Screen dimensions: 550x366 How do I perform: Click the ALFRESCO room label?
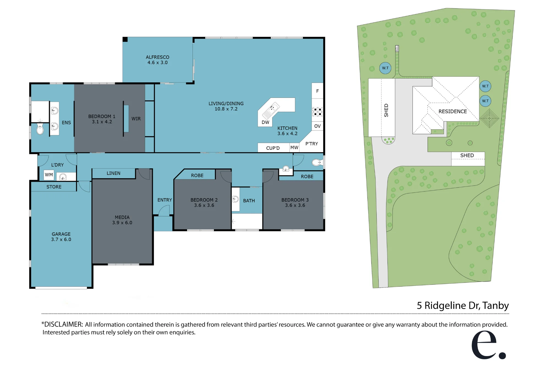click(x=158, y=57)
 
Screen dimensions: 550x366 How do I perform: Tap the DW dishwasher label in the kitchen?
click(x=265, y=122)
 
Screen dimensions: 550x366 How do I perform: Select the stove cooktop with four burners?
click(x=317, y=112)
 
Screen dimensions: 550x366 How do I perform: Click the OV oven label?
click(x=317, y=126)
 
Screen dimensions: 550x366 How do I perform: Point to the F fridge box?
click(x=317, y=91)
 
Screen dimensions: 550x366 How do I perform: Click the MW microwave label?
click(x=294, y=148)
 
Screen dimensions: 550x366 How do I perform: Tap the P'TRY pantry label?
click(x=312, y=144)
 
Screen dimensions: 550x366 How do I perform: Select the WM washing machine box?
click(x=49, y=175)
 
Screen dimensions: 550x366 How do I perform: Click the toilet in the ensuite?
click(x=40, y=129)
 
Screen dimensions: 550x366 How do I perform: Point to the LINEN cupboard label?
click(x=114, y=173)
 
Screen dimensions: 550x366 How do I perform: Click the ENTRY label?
click(x=165, y=200)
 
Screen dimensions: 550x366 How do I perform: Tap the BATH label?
click(x=249, y=201)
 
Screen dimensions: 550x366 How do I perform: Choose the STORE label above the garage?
click(x=54, y=187)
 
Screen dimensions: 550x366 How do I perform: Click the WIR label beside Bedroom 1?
click(x=136, y=119)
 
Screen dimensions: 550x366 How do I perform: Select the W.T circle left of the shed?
click(x=385, y=68)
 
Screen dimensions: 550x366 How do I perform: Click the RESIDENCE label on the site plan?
click(x=453, y=111)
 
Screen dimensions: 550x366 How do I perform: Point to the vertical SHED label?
click(x=386, y=110)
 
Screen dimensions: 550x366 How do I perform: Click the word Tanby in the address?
click(x=496, y=306)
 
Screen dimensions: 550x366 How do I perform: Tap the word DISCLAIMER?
click(x=64, y=324)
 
